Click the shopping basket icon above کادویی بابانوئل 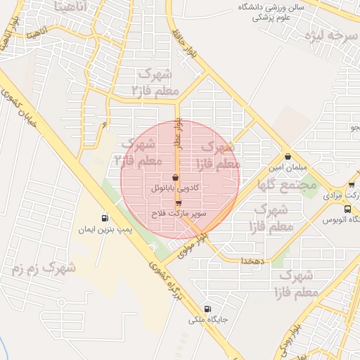pos(175,178)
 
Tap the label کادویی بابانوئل pos(175,189)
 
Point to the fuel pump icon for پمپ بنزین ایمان pos(105,218)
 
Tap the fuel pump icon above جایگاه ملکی pos(207,309)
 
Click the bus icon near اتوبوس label pos(347,209)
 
